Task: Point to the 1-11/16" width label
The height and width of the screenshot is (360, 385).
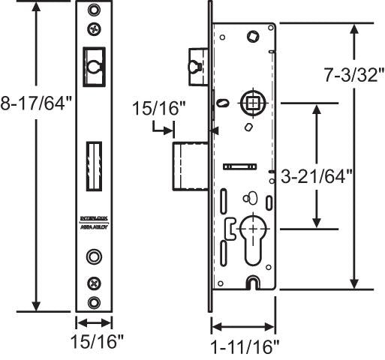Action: pos(245,346)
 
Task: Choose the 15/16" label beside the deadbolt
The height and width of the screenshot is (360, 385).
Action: pos(158,109)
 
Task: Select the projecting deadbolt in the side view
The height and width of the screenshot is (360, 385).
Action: pos(191,164)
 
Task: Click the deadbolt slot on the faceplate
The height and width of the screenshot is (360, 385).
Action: pos(94,166)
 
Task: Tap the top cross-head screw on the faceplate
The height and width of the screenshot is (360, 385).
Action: pos(94,30)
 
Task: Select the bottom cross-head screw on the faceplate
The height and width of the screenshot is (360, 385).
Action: pos(94,283)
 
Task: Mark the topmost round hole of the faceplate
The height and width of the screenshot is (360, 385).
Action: pos(94,11)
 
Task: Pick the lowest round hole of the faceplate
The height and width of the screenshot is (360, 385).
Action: pos(94,301)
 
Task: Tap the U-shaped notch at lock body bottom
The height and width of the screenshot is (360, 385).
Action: pos(253,282)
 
